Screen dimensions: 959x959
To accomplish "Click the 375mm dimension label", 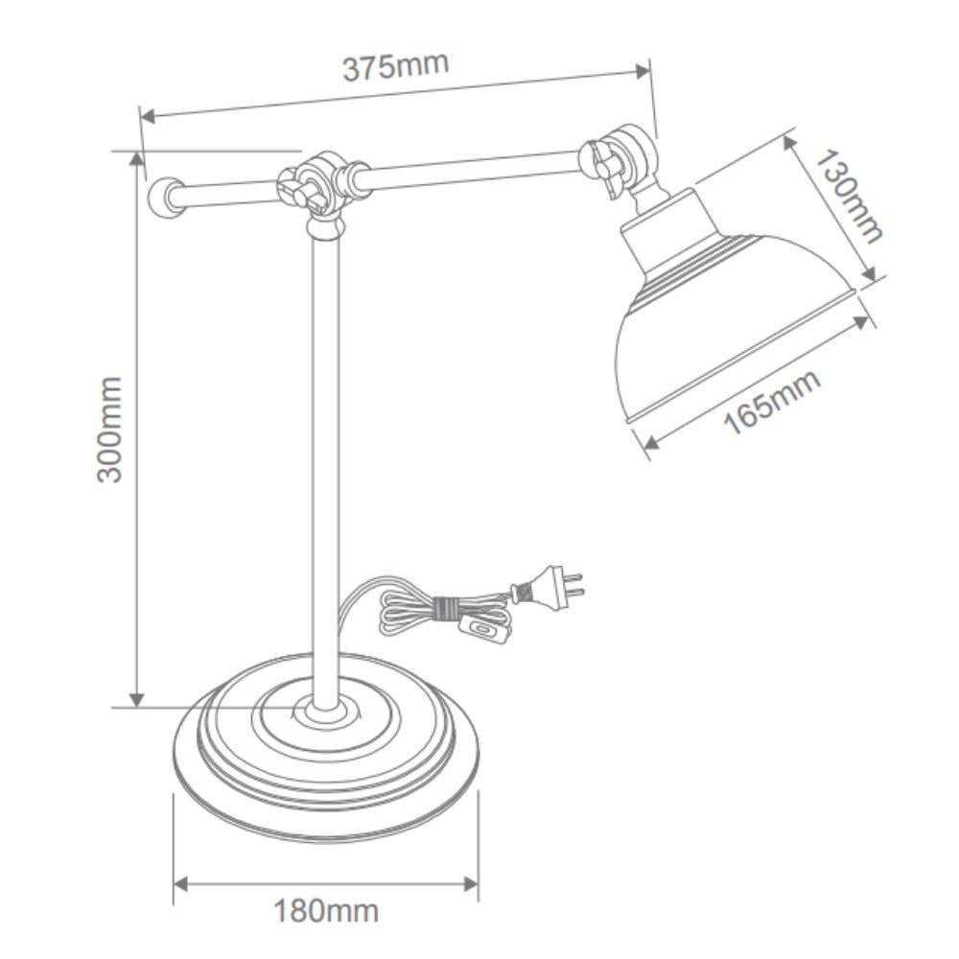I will coord(395,67).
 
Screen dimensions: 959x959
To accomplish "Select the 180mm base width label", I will coord(326,909).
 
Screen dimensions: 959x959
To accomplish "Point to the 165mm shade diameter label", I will coord(772,401).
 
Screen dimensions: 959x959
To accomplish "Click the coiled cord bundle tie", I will coord(443,609).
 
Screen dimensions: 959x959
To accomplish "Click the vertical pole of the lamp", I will coord(324,460).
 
